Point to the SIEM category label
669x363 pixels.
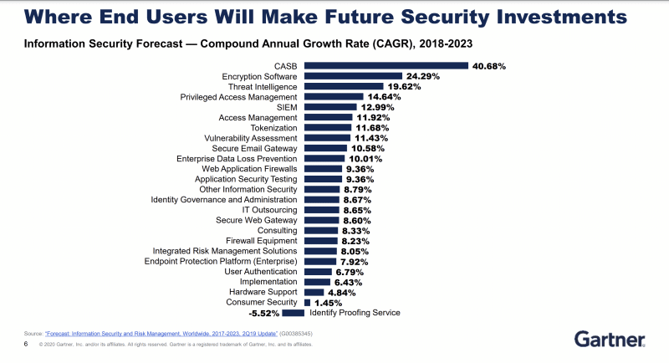coord(286,107)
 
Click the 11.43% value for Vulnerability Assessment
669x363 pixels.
coord(373,138)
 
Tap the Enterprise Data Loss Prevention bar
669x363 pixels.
coord(324,158)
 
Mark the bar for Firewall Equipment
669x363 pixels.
coord(320,241)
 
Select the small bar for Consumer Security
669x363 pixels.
coord(306,302)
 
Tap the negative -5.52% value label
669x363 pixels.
coord(263,313)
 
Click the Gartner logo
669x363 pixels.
coord(609,338)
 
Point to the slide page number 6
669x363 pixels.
coord(25,344)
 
